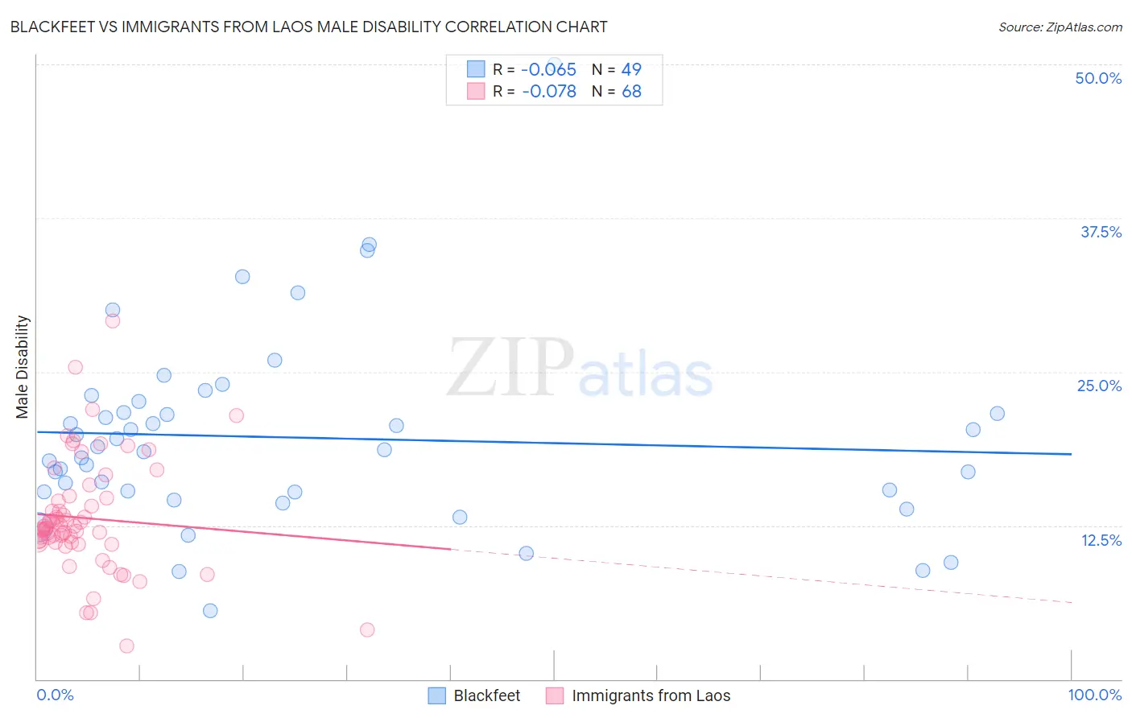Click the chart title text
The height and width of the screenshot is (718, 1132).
(308, 27)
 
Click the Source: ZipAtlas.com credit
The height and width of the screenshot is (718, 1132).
(1060, 27)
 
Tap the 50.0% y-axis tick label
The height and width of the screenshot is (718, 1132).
(1098, 78)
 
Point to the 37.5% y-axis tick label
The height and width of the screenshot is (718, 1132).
(1101, 232)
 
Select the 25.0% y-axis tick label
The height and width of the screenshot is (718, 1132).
(1099, 386)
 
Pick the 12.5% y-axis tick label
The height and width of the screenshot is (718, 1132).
(1101, 540)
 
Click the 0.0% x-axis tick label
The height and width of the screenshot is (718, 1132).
(55, 695)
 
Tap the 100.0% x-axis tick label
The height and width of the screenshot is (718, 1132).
(1094, 695)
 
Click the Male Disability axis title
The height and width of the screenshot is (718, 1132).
(23, 366)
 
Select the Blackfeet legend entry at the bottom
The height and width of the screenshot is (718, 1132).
(486, 695)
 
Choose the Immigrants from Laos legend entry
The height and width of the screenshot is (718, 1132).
(651, 695)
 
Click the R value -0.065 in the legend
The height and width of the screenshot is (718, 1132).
(548, 69)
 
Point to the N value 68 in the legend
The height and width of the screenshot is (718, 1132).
(631, 92)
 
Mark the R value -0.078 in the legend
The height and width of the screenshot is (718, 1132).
(548, 92)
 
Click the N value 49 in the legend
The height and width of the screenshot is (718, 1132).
(631, 69)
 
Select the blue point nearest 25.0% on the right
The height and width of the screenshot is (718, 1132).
(997, 414)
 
